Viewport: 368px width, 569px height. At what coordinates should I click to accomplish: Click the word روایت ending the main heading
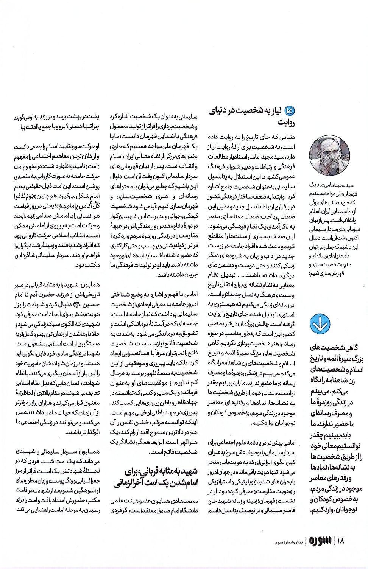pos(286,123)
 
